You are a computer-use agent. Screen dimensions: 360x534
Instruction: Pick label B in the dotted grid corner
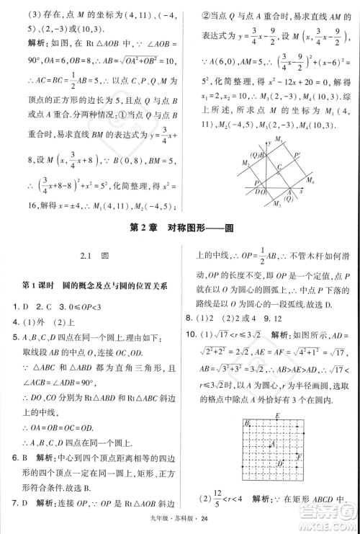click(x=247, y=423)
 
